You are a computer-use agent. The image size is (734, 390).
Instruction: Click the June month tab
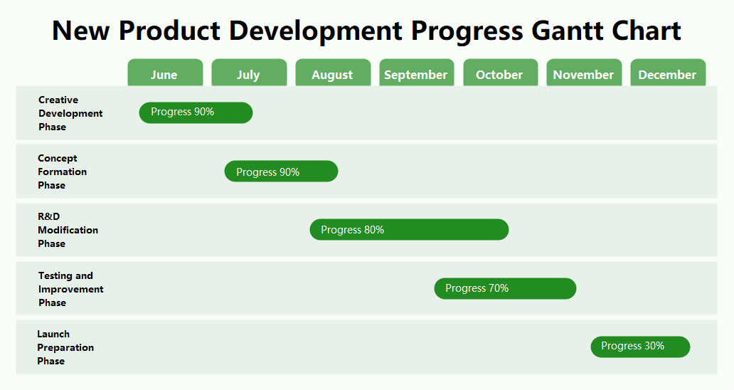[x=165, y=73]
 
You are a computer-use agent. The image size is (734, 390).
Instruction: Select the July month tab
[x=249, y=73]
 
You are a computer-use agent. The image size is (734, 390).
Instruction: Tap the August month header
[x=333, y=73]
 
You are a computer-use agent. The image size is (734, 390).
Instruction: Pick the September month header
[x=416, y=73]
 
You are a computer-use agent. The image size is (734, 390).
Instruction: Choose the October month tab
[x=500, y=73]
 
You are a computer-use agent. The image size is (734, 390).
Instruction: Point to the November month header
[x=584, y=73]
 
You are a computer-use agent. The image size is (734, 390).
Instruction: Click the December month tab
[x=668, y=73]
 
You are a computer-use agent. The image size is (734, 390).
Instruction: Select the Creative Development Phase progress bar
[x=196, y=112]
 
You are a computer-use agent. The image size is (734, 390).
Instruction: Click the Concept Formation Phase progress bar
[x=281, y=172]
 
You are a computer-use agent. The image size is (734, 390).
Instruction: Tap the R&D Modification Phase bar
[x=409, y=230]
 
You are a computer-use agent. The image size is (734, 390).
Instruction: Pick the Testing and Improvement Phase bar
[x=505, y=288]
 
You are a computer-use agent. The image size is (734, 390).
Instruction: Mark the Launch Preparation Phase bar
[x=640, y=347]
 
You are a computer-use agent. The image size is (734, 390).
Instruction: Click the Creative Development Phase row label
[x=70, y=113]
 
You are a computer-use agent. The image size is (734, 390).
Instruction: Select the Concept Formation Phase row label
[x=62, y=172]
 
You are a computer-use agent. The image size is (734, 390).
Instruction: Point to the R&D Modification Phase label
[x=68, y=230]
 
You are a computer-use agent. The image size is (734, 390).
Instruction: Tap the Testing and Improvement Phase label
[x=70, y=289]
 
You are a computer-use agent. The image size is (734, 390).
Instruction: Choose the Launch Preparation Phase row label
[x=65, y=347]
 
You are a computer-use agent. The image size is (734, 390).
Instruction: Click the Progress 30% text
[x=632, y=346]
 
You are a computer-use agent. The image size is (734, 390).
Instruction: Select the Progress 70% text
[x=477, y=288]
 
